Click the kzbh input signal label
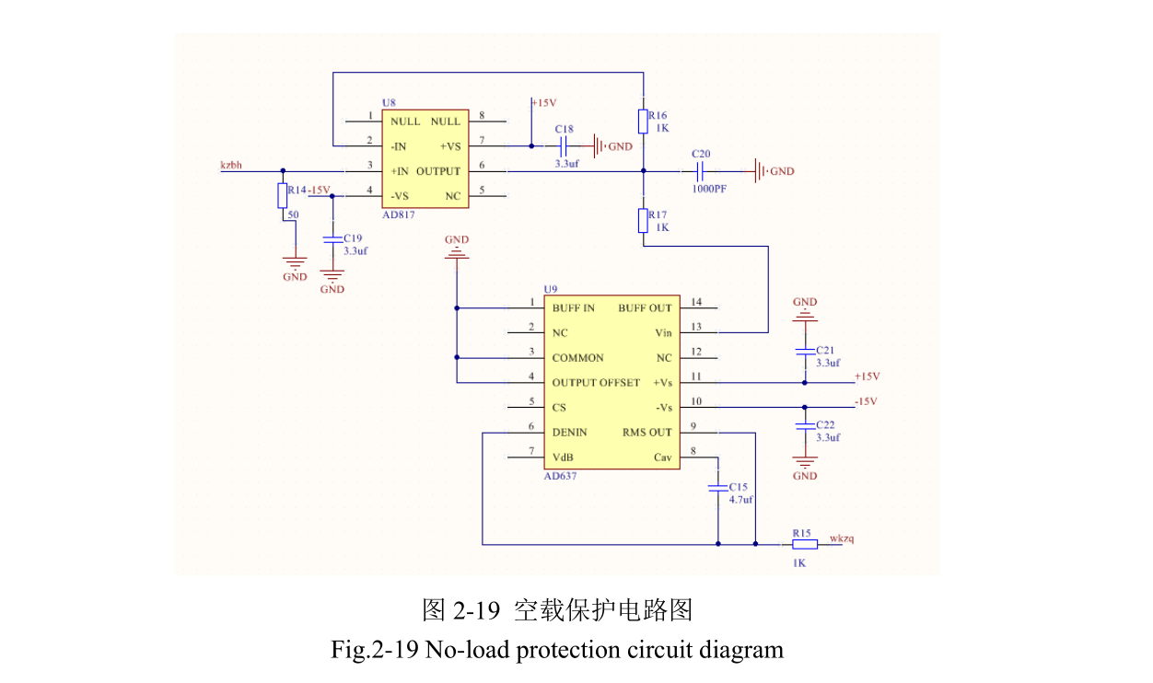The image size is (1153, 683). [x=231, y=165]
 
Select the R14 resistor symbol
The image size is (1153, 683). [x=282, y=196]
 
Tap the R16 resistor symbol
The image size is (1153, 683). [x=643, y=121]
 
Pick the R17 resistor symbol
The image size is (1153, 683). [x=643, y=221]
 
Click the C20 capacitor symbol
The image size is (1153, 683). [x=700, y=171]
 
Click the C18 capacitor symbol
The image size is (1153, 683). [x=565, y=145]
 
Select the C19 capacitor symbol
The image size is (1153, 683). [x=332, y=237]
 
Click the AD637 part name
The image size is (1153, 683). [x=560, y=476]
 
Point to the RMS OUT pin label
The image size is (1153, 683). [x=646, y=433]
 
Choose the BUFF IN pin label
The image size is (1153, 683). [x=573, y=308]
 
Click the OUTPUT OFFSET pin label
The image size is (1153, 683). [x=595, y=383]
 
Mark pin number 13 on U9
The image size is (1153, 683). [x=696, y=327]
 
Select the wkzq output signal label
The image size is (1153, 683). [x=842, y=538]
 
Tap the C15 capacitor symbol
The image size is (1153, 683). [x=717, y=489]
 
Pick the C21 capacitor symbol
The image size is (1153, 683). [x=805, y=352]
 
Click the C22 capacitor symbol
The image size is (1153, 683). [x=805, y=426]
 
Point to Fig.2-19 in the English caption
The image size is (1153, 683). [x=376, y=650]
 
